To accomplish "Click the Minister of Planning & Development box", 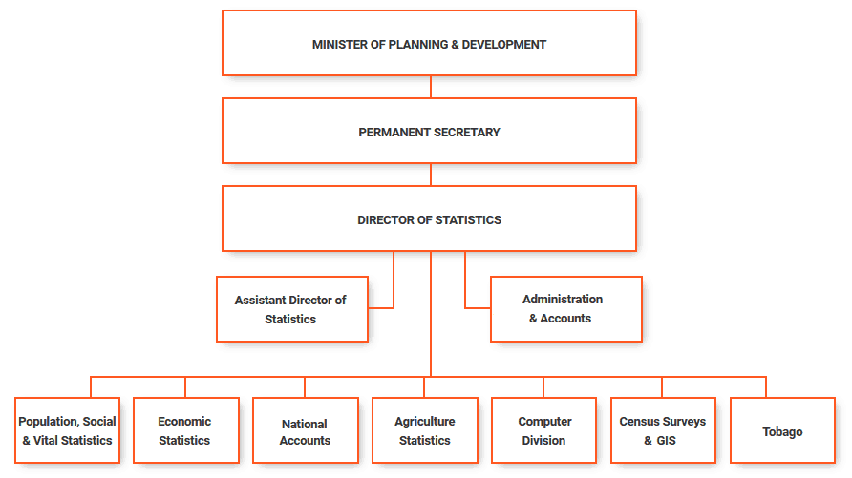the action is (x=429, y=43).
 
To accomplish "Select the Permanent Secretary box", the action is (x=429, y=131).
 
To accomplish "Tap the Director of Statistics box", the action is (x=429, y=218).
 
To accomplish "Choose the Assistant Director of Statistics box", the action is (x=292, y=309).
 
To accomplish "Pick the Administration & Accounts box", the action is (x=566, y=309).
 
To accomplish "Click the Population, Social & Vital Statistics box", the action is (x=68, y=430).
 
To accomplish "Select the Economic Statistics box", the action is (x=186, y=430).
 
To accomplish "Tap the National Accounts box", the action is (x=306, y=430).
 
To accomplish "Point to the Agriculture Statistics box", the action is (x=425, y=430).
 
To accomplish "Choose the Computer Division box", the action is (x=543, y=430).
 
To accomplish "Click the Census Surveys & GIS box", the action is (x=664, y=430).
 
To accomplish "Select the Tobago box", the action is (x=782, y=430).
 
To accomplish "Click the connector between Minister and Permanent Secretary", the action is (x=431, y=87).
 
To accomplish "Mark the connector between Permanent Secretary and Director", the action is (x=431, y=175).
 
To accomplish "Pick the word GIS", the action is (x=666, y=441).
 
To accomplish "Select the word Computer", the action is (x=545, y=422).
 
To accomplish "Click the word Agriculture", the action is (x=425, y=422).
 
